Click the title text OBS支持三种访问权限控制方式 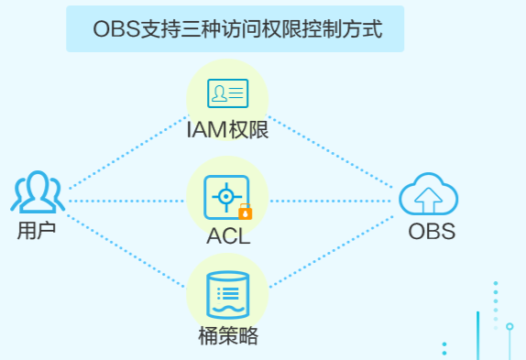pyautogui.click(x=237, y=29)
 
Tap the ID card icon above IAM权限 pyautogui.click(x=228, y=93)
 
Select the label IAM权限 pyautogui.click(x=228, y=130)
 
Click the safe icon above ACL pyautogui.click(x=226, y=197)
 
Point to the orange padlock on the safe pyautogui.click(x=246, y=212)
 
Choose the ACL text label pyautogui.click(x=228, y=236)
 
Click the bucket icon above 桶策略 pyautogui.click(x=228, y=295)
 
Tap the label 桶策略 pyautogui.click(x=228, y=336)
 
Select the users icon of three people pyautogui.click(x=38, y=191)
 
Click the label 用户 pyautogui.click(x=37, y=231)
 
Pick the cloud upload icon pyautogui.click(x=428, y=193)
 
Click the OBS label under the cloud pyautogui.click(x=432, y=231)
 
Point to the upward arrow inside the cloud pyautogui.click(x=428, y=201)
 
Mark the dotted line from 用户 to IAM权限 pyautogui.click(x=128, y=152)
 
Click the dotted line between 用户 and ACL pyautogui.click(x=126, y=202)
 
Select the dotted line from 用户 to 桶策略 pyautogui.click(x=126, y=251)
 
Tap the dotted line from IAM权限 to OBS pyautogui.click(x=331, y=152)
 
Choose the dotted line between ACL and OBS pyautogui.click(x=331, y=202)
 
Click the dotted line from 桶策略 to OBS pyautogui.click(x=332, y=251)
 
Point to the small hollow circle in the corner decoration pyautogui.click(x=510, y=326)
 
